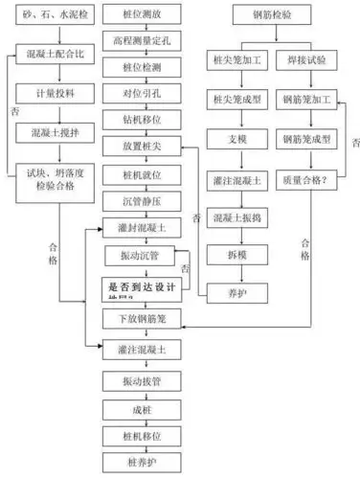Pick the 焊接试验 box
pyautogui.click(x=305, y=58)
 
